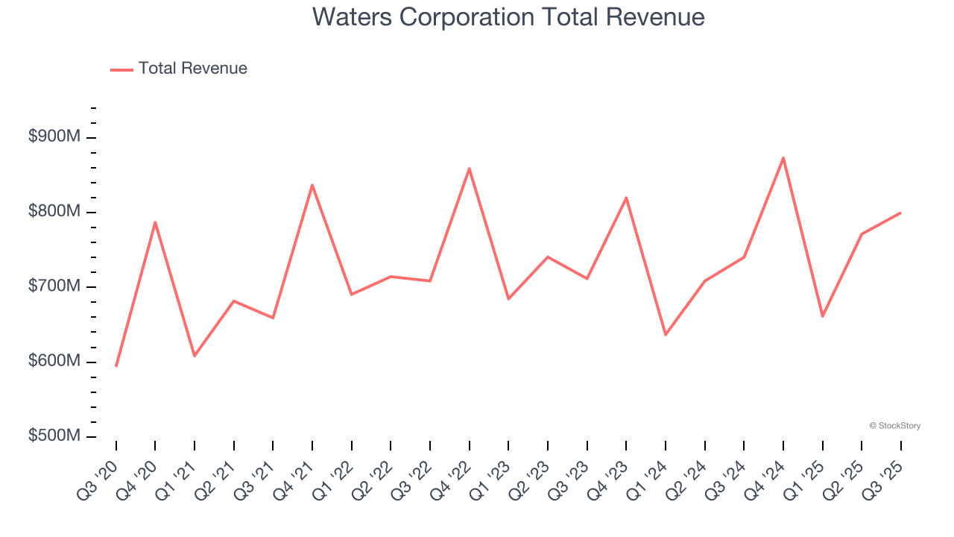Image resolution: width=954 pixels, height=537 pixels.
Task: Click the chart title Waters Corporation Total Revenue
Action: click(508, 16)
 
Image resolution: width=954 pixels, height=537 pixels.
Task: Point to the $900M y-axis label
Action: click(54, 137)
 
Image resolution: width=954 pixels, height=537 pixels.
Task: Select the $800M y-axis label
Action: click(54, 212)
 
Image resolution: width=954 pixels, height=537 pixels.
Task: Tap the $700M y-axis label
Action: click(54, 286)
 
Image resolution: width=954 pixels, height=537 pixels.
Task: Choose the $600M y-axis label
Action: click(54, 361)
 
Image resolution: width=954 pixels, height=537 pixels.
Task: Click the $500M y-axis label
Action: click(54, 436)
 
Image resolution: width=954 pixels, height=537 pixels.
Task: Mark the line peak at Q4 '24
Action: click(783, 157)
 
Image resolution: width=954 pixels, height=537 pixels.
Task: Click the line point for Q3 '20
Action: click(116, 365)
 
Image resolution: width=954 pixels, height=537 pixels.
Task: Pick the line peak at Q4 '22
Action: click(470, 169)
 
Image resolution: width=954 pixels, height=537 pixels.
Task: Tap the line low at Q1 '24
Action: click(666, 335)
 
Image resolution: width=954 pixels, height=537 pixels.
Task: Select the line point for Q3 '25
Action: click(900, 213)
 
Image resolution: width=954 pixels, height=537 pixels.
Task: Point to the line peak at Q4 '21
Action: click(312, 185)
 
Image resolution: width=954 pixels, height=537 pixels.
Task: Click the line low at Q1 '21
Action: click(195, 356)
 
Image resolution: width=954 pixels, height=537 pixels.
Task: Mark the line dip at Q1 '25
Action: click(822, 316)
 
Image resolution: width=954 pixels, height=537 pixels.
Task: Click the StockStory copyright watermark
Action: click(894, 426)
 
